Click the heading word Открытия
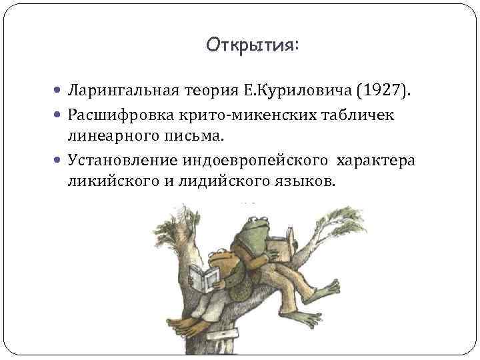coord(253,45)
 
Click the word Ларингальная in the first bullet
coord(115,90)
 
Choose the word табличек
coord(359,116)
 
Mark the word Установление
coord(116,162)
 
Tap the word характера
coord(377,162)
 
